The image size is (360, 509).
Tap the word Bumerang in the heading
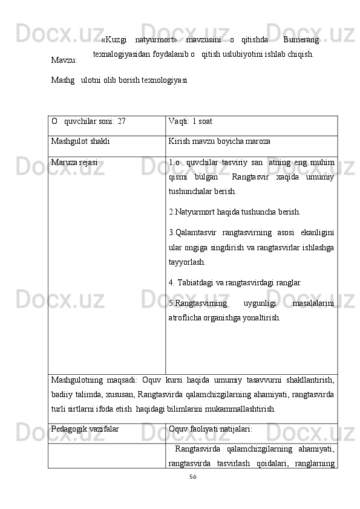(x=301, y=40)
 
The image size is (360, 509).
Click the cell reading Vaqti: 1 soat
(x=191, y=121)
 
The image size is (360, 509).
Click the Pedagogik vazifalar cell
(x=85, y=429)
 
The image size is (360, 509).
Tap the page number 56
(x=192, y=478)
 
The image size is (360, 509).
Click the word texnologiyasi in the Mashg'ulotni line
(x=165, y=79)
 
